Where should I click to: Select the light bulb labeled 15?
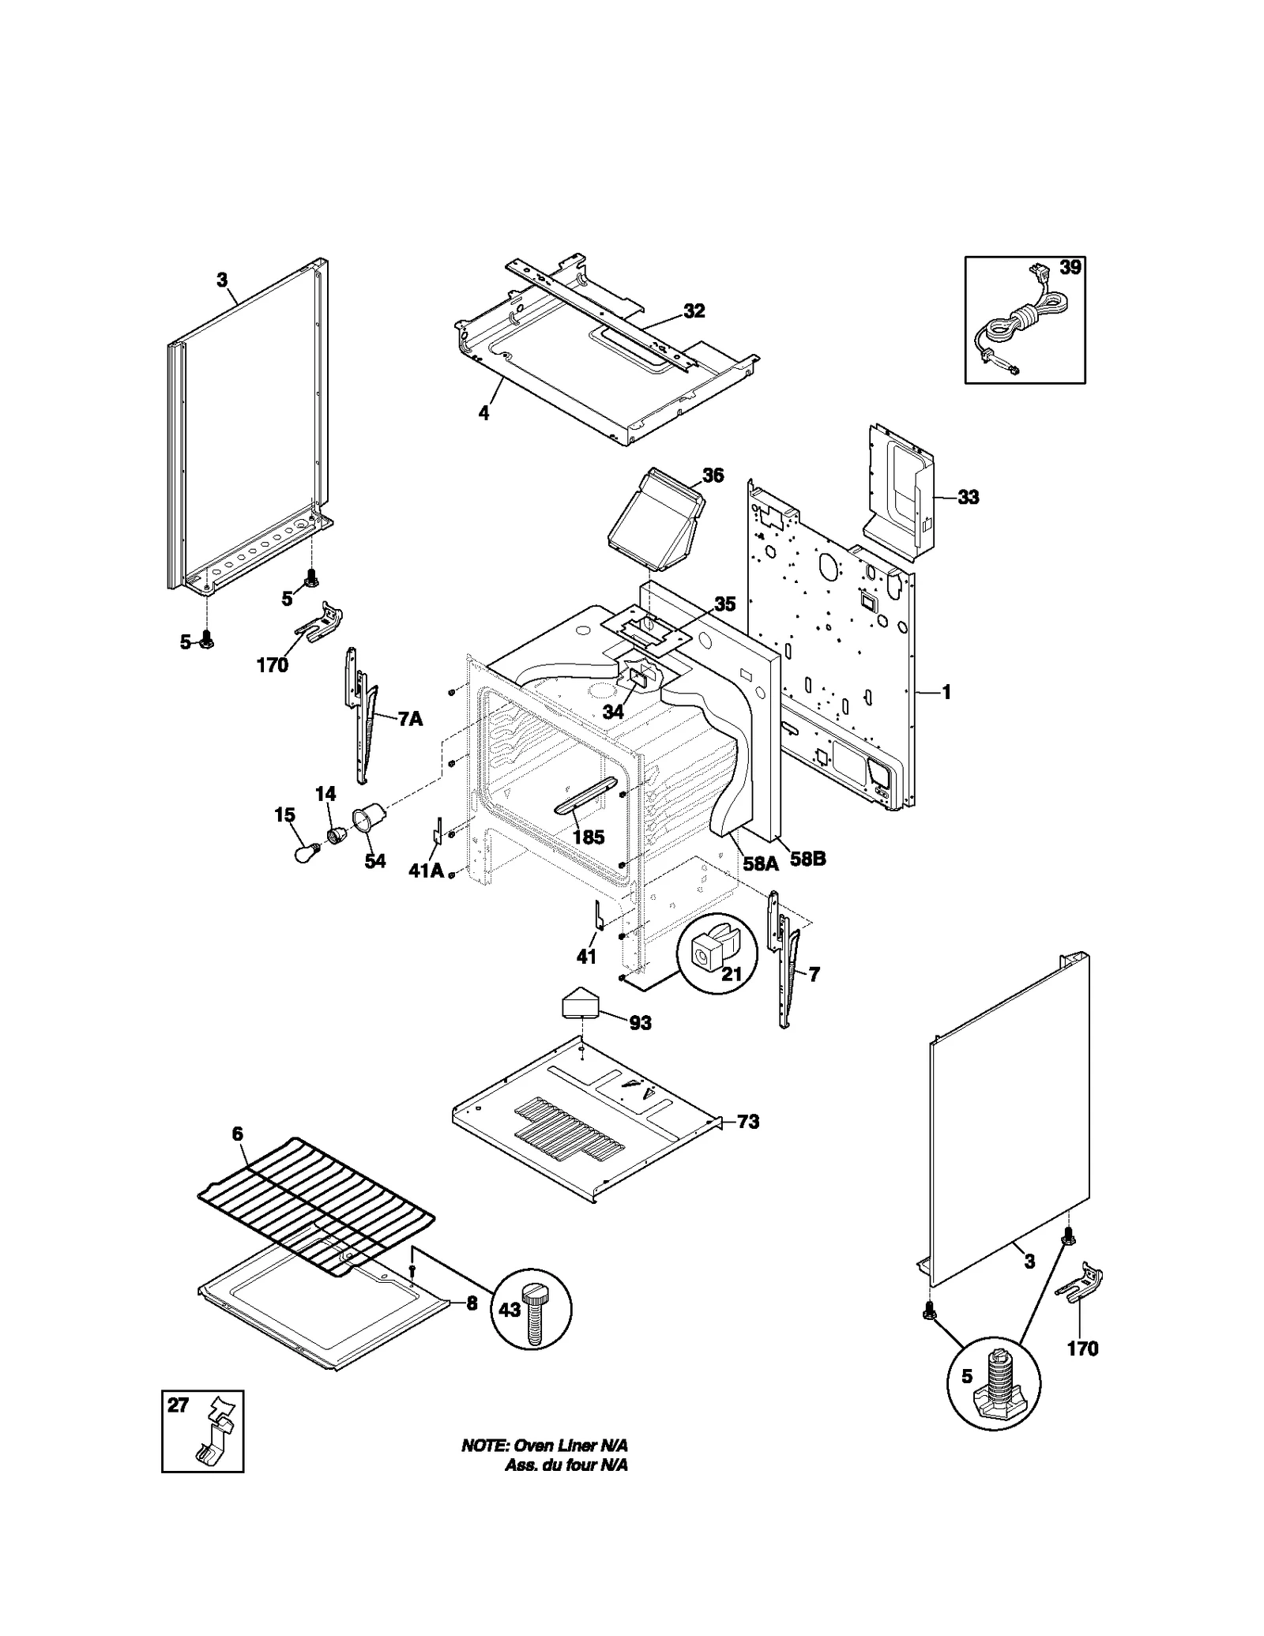307,852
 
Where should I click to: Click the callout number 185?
588,837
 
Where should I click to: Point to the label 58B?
807,859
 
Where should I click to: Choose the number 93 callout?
640,1023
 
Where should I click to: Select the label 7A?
409,719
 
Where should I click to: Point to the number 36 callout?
713,476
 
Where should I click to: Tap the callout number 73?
747,1122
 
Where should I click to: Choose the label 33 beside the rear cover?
968,497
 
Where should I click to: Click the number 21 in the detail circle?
732,974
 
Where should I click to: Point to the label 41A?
425,871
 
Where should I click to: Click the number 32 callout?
694,311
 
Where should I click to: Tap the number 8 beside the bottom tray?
472,1303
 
